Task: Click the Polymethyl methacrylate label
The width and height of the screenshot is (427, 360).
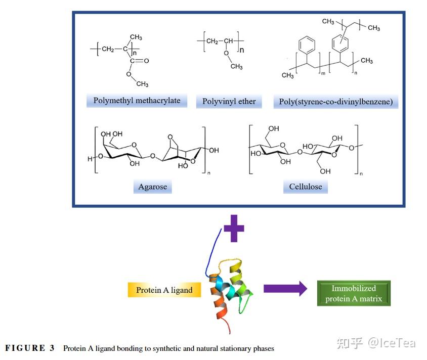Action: (x=137, y=101)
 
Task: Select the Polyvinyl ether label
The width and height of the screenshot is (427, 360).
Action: (x=229, y=102)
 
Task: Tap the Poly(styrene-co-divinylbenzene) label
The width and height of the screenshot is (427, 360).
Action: (x=336, y=102)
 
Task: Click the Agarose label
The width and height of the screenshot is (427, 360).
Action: (x=152, y=187)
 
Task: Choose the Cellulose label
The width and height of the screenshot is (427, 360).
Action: (x=306, y=187)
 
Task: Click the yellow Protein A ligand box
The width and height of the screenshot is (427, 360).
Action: (x=164, y=290)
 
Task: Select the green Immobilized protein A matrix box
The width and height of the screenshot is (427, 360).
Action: (x=354, y=293)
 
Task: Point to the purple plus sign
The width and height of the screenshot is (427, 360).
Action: (x=234, y=229)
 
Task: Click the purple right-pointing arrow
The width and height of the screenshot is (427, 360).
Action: (x=285, y=288)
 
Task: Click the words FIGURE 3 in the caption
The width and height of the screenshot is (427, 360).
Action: (x=30, y=348)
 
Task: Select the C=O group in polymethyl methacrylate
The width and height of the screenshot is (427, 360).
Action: (x=140, y=61)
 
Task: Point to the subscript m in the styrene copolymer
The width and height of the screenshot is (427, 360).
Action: (x=323, y=73)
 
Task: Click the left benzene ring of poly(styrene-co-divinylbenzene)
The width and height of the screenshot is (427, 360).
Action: (x=307, y=44)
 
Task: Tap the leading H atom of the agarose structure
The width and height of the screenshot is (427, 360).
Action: (x=90, y=159)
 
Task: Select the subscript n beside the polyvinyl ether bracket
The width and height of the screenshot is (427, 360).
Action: (x=241, y=50)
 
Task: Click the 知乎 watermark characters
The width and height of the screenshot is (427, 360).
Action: (x=350, y=343)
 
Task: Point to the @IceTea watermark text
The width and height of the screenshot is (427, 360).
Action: (x=392, y=343)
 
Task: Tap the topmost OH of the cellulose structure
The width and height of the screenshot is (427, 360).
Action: (x=274, y=128)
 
